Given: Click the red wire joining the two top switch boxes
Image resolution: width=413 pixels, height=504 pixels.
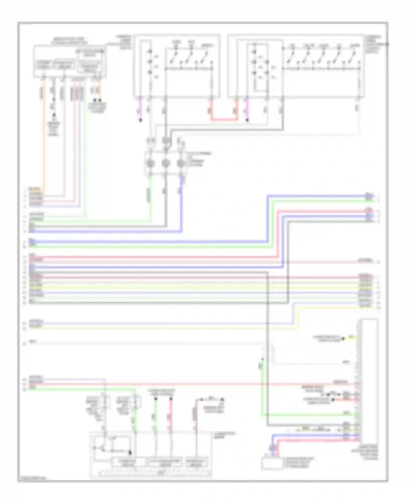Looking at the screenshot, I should (224, 120).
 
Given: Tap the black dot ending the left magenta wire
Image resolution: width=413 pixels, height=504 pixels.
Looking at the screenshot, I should (141, 120).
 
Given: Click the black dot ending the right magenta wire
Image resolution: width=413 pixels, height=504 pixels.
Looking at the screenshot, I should (247, 120).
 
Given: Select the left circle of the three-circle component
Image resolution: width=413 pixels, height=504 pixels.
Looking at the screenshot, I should (150, 163).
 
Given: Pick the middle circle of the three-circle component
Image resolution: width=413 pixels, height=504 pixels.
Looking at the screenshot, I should (165, 163).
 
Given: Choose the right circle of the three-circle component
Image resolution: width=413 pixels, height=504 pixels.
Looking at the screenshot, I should (181, 163).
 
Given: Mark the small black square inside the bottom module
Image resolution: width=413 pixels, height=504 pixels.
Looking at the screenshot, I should (130, 452).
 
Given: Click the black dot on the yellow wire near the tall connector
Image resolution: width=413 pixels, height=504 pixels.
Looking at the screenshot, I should (343, 339).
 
